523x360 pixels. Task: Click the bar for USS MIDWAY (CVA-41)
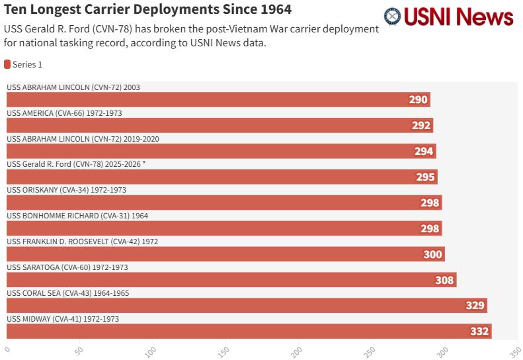(x=249, y=331)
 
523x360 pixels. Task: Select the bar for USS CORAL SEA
(x=247, y=306)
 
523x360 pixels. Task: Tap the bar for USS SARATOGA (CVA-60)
(x=231, y=280)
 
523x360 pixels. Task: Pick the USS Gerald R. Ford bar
(x=221, y=177)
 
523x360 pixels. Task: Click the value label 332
(x=479, y=332)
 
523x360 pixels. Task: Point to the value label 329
(x=475, y=306)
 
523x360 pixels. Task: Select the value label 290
(x=418, y=100)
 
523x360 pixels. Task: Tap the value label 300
(x=432, y=254)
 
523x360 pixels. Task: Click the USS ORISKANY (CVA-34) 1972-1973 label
(x=66, y=190)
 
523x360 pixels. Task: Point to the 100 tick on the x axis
(x=153, y=349)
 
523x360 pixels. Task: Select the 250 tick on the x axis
(x=372, y=349)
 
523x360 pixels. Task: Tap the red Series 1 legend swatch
(x=7, y=64)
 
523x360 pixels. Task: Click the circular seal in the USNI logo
(x=392, y=17)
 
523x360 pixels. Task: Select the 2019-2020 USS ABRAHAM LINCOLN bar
(x=221, y=151)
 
